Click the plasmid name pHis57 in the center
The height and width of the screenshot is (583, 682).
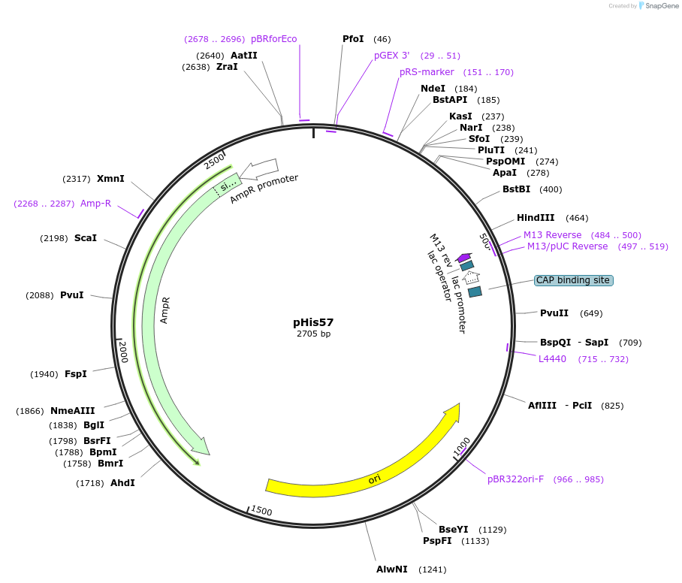313,322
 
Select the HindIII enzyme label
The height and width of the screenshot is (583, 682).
536,218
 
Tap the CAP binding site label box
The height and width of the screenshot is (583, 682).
574,280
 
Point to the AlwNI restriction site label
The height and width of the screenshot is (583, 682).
391,569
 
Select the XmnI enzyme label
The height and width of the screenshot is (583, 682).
110,179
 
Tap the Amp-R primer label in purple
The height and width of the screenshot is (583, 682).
96,203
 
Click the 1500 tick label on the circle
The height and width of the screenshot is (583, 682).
261,511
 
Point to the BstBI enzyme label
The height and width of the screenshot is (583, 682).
516,189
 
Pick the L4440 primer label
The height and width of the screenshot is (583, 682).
552,359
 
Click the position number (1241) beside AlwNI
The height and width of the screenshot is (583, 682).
433,569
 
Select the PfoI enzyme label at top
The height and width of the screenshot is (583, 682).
353,39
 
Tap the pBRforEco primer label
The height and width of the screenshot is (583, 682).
274,39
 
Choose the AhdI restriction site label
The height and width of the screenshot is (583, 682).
122,482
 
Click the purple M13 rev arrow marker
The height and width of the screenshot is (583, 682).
463,257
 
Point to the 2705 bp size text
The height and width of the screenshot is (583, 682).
313,334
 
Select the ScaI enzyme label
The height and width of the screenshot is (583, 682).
86,238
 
